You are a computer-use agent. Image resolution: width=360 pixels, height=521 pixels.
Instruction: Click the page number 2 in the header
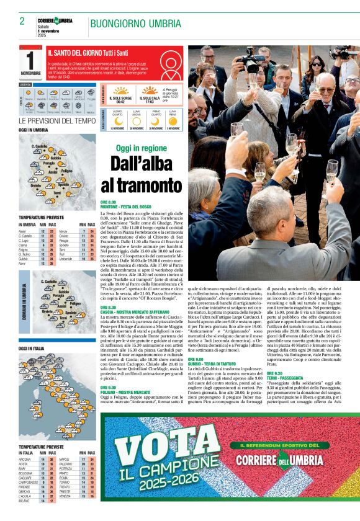[22, 21]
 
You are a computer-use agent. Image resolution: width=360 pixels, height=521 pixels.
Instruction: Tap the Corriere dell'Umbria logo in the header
[55, 21]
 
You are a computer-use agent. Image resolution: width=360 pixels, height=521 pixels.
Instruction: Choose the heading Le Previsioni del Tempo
[56, 120]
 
